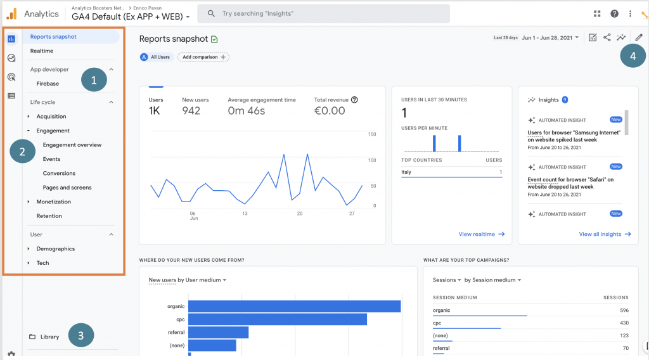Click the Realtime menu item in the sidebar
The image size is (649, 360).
click(42, 51)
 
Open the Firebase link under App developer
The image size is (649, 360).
click(48, 84)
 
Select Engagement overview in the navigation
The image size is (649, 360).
click(72, 145)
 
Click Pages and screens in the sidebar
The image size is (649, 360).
click(67, 188)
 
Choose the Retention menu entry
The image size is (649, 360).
click(49, 216)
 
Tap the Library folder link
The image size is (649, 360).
click(49, 337)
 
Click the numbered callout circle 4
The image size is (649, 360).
click(633, 56)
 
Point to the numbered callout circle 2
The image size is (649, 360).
click(22, 151)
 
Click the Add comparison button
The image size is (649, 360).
click(203, 57)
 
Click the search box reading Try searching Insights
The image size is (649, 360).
click(323, 13)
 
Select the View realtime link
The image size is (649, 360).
click(481, 234)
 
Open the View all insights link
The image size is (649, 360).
click(605, 234)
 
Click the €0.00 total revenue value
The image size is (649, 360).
click(330, 111)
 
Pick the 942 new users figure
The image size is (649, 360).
click(191, 111)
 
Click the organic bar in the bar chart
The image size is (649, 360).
click(294, 306)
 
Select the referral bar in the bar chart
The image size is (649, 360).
click(218, 332)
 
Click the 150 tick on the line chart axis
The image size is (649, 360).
click(372, 134)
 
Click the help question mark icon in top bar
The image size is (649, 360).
click(614, 13)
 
